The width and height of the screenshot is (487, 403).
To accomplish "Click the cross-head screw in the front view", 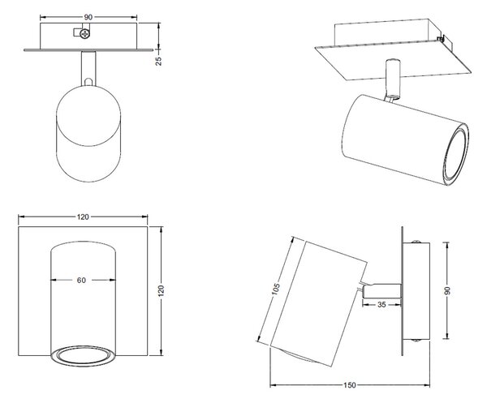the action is click(x=84, y=33).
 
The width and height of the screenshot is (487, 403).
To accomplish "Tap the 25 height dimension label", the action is click(x=159, y=61).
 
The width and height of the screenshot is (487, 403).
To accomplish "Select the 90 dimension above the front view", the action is click(x=88, y=17).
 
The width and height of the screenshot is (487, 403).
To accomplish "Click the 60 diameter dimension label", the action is click(x=81, y=280).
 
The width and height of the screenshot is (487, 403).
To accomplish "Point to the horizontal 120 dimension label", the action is click(x=83, y=217).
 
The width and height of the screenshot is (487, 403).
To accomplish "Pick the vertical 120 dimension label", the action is click(x=161, y=290).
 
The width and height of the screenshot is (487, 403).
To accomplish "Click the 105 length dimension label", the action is click(x=276, y=289).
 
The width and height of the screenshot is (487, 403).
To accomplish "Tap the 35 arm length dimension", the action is click(x=381, y=305).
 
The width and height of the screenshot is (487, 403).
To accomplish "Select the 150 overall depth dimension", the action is click(x=350, y=385).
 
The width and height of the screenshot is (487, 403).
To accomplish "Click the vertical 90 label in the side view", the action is click(x=447, y=290).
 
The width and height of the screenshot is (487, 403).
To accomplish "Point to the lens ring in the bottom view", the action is click(x=84, y=357).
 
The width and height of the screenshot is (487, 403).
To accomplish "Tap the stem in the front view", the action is click(x=88, y=68).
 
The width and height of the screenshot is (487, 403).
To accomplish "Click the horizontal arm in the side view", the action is click(x=381, y=291).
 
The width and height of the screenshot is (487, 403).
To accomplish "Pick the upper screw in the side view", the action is click(x=416, y=242).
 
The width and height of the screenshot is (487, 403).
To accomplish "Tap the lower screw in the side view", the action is click(x=416, y=341).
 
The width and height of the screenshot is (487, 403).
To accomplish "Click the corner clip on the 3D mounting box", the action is click(x=440, y=38).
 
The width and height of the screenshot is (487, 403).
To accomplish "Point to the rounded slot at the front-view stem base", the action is click(x=88, y=82).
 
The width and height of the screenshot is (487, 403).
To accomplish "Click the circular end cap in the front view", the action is click(x=88, y=116).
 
